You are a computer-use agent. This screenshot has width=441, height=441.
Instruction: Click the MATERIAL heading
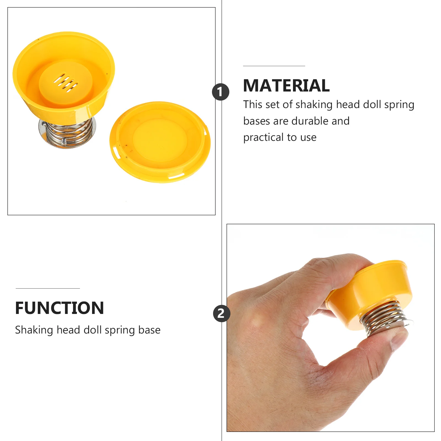(x=286, y=85)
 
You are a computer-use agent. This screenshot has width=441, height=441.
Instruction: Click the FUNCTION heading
(x=60, y=308)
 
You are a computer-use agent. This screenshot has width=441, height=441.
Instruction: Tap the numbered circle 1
(x=220, y=92)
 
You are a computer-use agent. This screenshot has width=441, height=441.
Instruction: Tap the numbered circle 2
(x=222, y=314)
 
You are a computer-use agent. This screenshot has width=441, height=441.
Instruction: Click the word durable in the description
(x=310, y=121)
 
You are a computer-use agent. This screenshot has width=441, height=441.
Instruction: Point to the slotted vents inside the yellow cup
(x=66, y=82)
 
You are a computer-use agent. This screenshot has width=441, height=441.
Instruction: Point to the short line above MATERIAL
(x=274, y=66)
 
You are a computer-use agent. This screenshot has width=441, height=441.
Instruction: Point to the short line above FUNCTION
(x=48, y=289)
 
